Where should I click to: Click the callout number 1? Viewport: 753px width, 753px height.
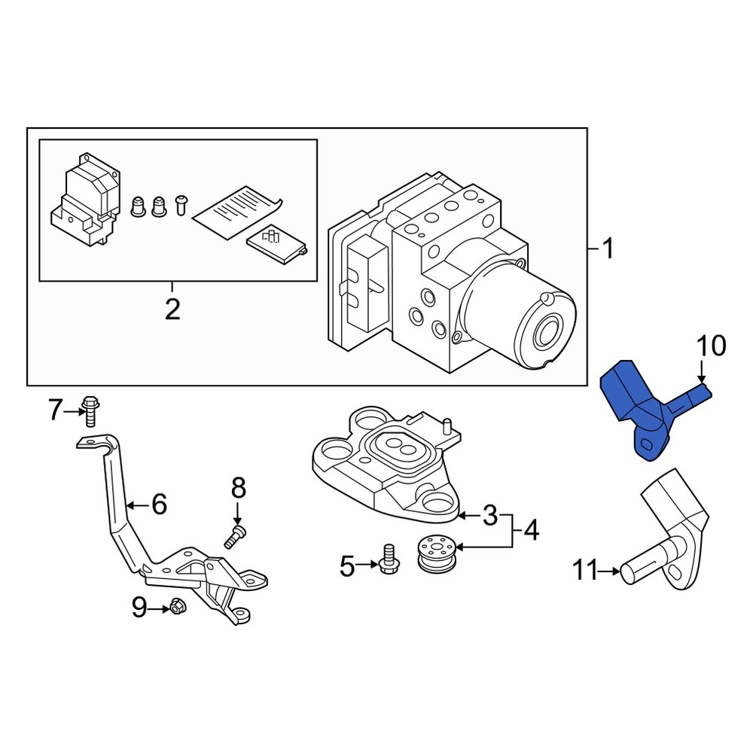[607, 249]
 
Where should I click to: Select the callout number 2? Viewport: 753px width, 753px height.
[172, 309]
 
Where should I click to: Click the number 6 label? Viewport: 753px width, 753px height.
[159, 504]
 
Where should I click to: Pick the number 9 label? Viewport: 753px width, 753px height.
[139, 607]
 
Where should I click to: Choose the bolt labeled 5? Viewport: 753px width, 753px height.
[389, 560]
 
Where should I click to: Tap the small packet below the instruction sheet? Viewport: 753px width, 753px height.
[276, 245]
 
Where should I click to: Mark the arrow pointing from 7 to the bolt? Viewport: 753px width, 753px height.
[75, 411]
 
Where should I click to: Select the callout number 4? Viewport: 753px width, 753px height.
[531, 531]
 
